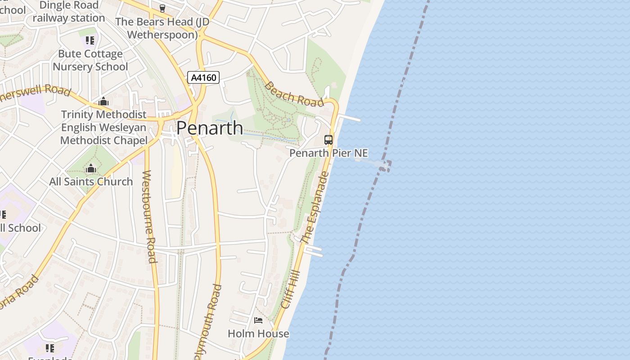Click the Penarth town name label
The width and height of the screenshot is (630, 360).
pyautogui.click(x=210, y=128)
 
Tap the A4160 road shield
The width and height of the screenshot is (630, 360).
pyautogui.click(x=203, y=77)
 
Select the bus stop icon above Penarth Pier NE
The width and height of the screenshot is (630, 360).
pyautogui.click(x=328, y=139)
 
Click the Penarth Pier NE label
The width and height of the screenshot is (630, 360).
pyautogui.click(x=328, y=153)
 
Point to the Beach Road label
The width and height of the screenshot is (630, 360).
pyautogui.click(x=294, y=94)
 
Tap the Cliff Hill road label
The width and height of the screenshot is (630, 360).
pyautogui.click(x=290, y=289)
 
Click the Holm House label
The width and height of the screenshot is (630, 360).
pyautogui.click(x=258, y=333)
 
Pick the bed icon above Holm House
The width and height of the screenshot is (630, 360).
pyautogui.click(x=258, y=320)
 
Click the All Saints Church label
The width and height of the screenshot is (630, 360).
pyautogui.click(x=91, y=181)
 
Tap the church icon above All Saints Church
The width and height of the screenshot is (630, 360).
pyautogui.click(x=91, y=169)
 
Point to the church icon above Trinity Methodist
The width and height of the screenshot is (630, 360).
pyautogui.click(x=103, y=101)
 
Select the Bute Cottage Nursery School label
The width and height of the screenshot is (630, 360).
pyautogui.click(x=90, y=60)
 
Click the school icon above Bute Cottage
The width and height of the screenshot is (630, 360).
pyautogui.click(x=90, y=40)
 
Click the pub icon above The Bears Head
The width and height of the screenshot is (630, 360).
pyautogui.click(x=162, y=8)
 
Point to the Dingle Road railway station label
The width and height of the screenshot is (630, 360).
pyautogui.click(x=68, y=12)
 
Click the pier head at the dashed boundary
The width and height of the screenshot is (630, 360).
pyautogui.click(x=384, y=166)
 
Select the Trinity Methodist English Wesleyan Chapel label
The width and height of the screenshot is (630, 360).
pyautogui.click(x=104, y=127)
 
